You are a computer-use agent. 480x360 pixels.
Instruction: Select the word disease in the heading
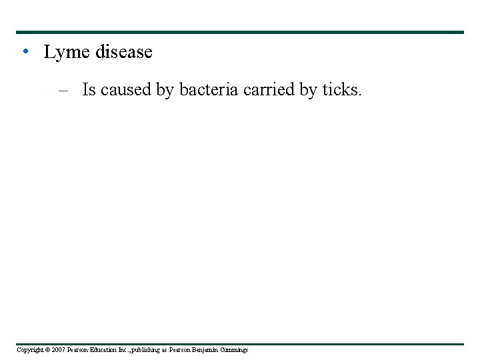[x=123, y=52]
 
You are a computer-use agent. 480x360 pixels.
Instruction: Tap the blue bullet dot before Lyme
[x=25, y=51]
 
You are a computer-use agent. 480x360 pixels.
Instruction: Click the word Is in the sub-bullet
[x=89, y=90]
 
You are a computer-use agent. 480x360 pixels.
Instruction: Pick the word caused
[x=126, y=90]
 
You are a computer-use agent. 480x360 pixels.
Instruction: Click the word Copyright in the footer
[x=30, y=350]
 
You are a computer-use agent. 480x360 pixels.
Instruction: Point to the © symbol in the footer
[x=48, y=350]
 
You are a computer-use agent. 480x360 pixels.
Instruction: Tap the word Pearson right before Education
[x=79, y=350]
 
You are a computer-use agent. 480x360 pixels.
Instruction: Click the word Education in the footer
[x=105, y=350]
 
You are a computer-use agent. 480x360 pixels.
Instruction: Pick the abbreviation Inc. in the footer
[x=126, y=350]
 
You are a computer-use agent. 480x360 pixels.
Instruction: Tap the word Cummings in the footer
[x=234, y=350]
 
